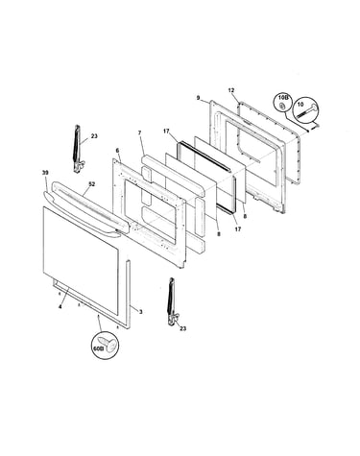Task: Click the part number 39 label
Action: tap(45, 173)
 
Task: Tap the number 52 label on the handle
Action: tap(92, 184)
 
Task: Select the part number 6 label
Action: tap(117, 150)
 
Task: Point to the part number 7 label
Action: tap(139, 132)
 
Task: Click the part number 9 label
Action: tap(198, 98)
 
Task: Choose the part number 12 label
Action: tap(231, 90)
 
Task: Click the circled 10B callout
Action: tap(282, 101)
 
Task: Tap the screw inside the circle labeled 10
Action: tap(308, 111)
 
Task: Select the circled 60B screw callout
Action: tap(105, 347)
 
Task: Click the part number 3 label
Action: tap(141, 311)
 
